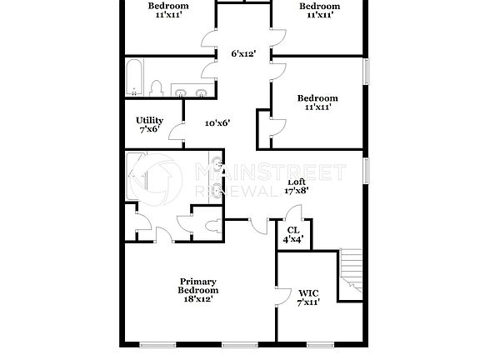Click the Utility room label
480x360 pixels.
[x=150, y=125]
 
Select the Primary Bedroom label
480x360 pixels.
[x=197, y=289]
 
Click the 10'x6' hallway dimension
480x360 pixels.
[x=217, y=122]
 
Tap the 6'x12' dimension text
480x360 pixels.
[x=243, y=54]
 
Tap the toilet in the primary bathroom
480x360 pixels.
[x=213, y=225]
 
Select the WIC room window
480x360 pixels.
[x=319, y=344]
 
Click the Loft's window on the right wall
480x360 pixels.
[x=365, y=170]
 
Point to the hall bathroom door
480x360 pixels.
[x=208, y=87]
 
